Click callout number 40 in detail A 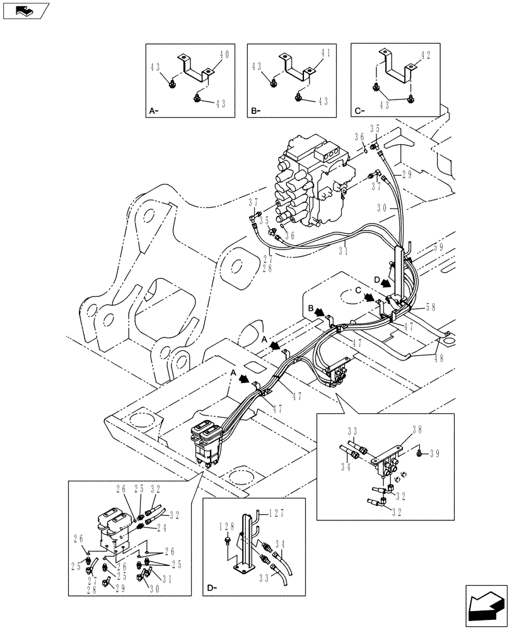pos(224,57)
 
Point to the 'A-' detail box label pos(153,111)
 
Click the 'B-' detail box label pos(255,111)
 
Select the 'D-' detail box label pos(211,589)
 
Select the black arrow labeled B pos(319,311)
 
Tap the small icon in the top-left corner pos(25,11)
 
